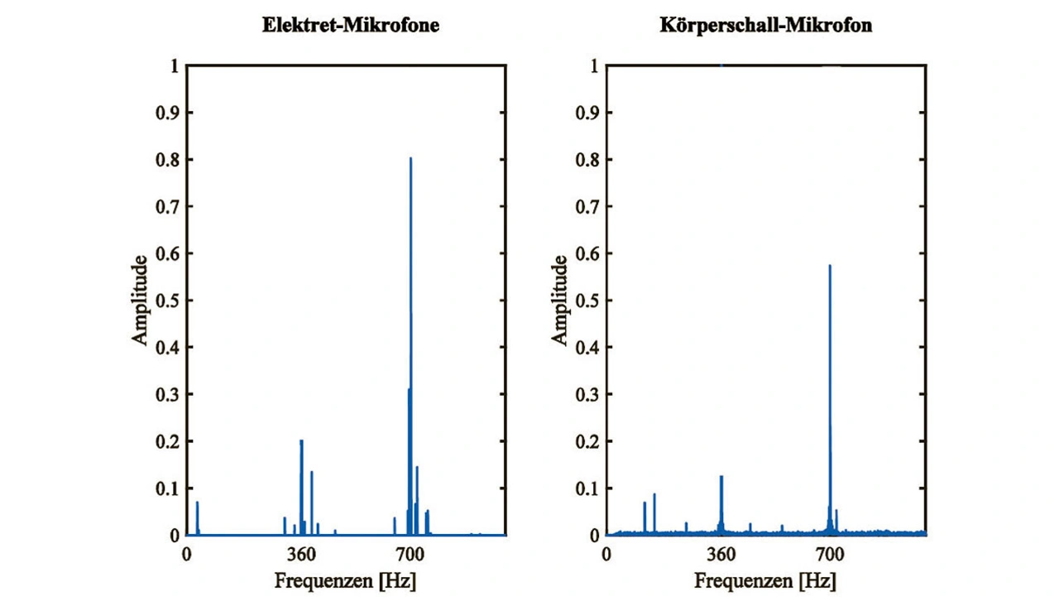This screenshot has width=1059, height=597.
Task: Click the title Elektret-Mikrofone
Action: [351, 26]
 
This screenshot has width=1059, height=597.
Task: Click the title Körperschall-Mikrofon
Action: [766, 26]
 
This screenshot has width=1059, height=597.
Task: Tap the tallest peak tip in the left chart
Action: [410, 158]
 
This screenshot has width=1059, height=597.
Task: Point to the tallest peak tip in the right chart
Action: [829, 266]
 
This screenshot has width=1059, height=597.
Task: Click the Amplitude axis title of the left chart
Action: [141, 300]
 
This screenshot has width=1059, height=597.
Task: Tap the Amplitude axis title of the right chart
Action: [560, 300]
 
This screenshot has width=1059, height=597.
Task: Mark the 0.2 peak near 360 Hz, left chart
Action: [301, 441]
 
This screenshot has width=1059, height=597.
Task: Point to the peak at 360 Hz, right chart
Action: [721, 476]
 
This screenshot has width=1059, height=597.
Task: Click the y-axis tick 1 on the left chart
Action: [174, 66]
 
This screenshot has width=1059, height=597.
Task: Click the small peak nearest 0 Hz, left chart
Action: [197, 503]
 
